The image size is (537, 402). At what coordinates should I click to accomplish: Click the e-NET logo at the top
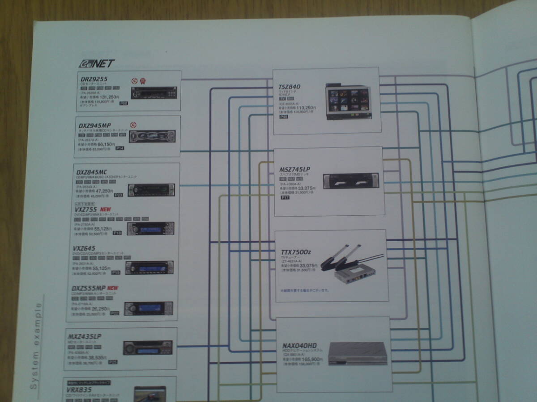(97, 63)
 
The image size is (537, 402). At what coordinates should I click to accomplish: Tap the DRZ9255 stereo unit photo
(153, 92)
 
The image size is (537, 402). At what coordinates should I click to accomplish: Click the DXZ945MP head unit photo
(152, 136)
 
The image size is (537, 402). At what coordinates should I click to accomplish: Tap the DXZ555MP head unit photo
(148, 308)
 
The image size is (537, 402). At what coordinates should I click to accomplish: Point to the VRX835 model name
(80, 389)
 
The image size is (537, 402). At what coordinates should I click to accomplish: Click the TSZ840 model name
(289, 86)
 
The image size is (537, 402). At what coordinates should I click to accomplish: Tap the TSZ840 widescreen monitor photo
(348, 101)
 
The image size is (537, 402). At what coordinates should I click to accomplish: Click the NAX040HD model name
(299, 346)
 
